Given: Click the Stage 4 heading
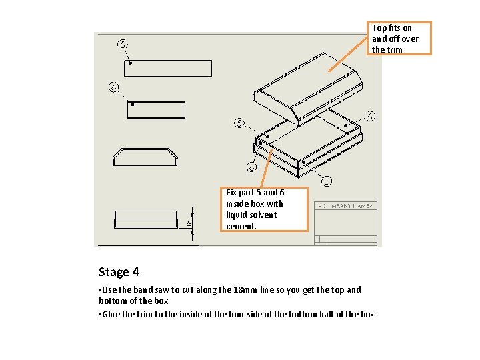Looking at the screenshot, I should (119, 272).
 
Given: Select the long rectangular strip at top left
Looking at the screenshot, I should (168, 68).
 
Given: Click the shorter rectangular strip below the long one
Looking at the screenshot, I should (155, 110).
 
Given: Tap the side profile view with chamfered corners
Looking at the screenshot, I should (147, 157).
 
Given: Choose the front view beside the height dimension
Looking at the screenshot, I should (147, 219).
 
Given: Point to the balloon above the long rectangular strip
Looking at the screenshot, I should (123, 45).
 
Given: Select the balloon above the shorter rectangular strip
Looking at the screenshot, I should (114, 87).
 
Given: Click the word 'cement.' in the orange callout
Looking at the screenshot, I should (241, 226).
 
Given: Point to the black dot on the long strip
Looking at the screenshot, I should (131, 63).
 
